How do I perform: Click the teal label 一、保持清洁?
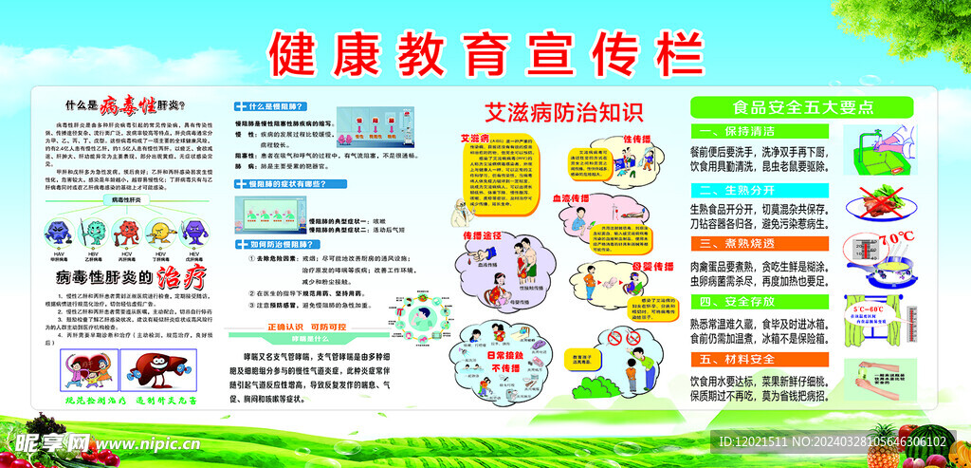tap(736, 131)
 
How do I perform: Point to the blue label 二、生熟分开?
tap(736, 189)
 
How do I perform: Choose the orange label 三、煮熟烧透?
tap(736, 244)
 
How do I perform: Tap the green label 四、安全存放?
tap(736, 301)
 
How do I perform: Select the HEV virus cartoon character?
tap(196, 234)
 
